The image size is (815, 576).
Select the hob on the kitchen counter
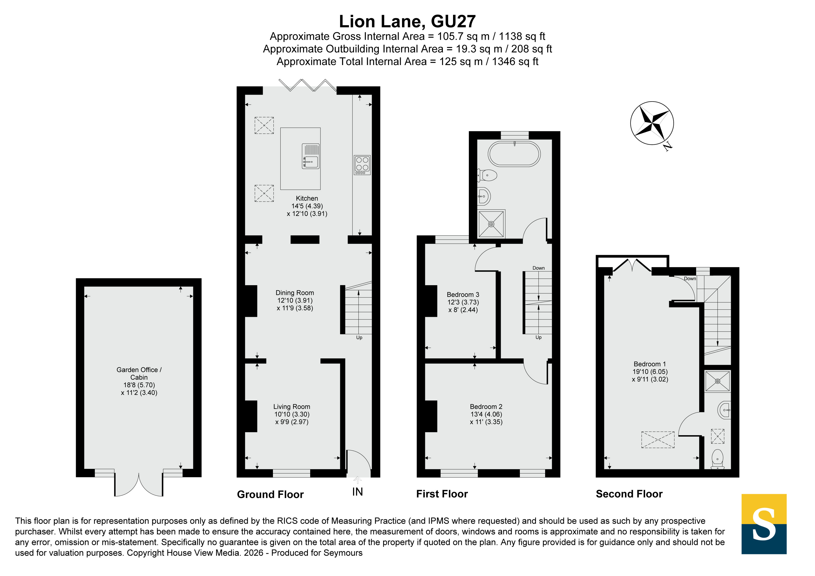click(362, 165)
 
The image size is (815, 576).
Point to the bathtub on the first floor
click(514, 154)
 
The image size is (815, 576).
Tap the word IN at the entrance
click(357, 492)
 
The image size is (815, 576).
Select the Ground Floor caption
click(270, 494)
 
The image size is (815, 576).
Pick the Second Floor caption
click(629, 494)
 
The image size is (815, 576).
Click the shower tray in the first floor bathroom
click(491, 224)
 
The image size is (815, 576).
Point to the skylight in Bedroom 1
click(658, 440)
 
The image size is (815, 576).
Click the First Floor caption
click(442, 494)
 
